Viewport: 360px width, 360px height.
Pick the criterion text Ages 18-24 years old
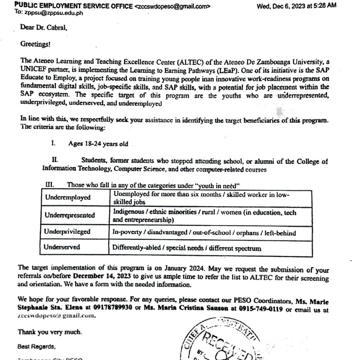point(98,144)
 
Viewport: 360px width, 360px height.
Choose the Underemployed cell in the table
point(68,198)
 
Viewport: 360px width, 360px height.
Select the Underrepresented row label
point(70,215)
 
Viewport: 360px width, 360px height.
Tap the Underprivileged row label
point(67,231)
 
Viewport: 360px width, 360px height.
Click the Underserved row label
point(62,247)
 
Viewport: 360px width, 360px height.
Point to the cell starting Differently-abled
point(186,248)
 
